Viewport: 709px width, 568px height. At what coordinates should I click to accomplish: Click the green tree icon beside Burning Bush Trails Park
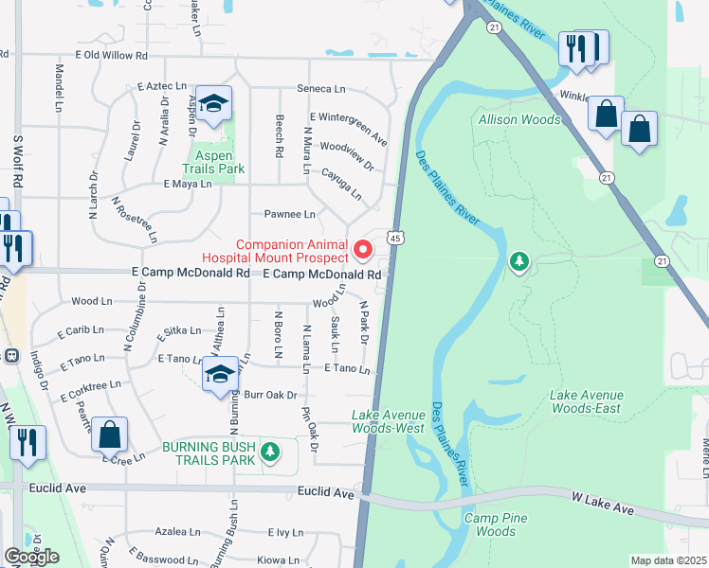(271, 453)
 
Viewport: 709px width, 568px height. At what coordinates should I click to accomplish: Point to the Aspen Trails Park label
(219, 162)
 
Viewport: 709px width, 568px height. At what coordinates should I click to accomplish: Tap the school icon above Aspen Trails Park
(214, 106)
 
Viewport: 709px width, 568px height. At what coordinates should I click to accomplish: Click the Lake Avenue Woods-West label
(389, 421)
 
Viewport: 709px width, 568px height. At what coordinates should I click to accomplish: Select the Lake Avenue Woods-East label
(587, 401)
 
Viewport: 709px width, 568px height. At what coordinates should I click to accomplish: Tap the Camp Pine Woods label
(490, 524)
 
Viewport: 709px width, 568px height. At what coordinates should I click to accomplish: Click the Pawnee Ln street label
(289, 215)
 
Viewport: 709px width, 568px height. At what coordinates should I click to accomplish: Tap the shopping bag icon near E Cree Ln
(109, 435)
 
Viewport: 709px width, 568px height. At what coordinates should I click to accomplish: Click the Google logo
(31, 556)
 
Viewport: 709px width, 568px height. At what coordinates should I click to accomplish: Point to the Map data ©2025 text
(667, 560)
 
